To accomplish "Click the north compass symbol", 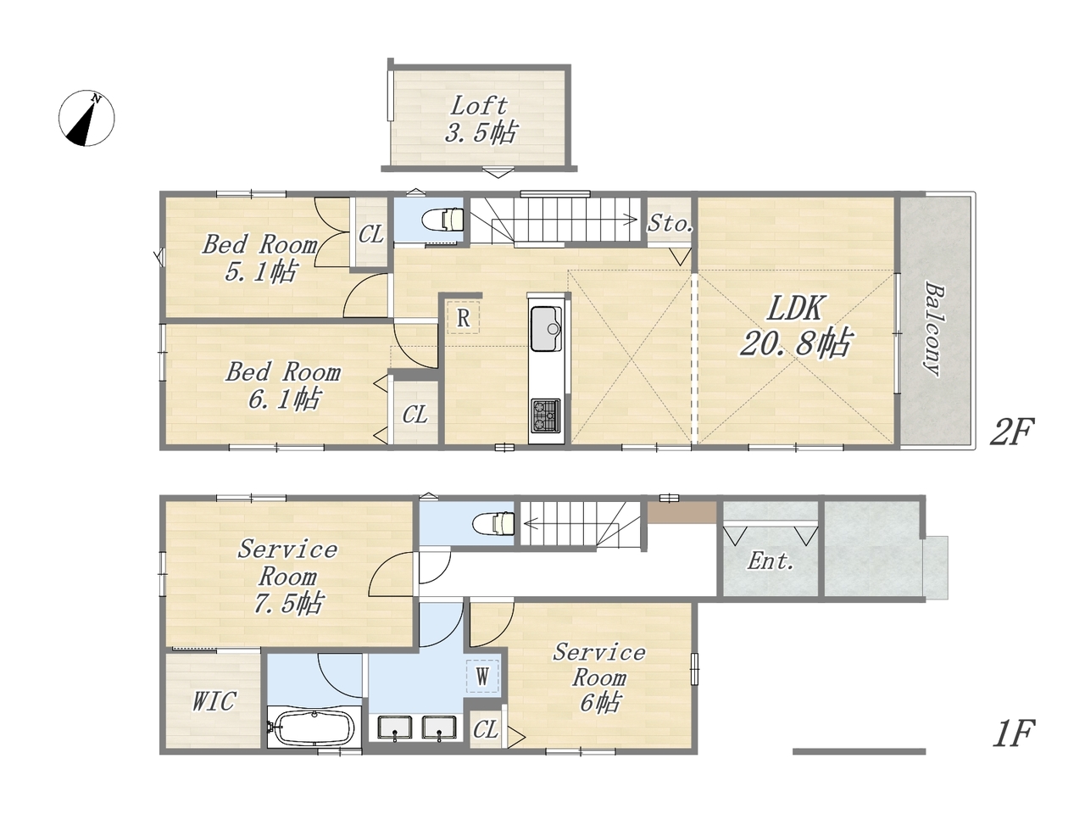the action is tap(86, 118).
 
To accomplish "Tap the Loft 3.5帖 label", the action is tap(480, 120).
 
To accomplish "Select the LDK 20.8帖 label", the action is tap(795, 326).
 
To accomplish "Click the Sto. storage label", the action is tap(670, 223).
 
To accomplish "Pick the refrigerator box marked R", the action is tap(463, 317).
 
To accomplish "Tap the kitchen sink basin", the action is tap(546, 328).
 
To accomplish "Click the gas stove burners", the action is tap(546, 415).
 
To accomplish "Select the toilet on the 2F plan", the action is tap(444, 220).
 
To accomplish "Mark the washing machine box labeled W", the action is tap(482, 676).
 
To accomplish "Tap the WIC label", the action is tap(214, 701).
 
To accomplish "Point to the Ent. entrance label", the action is tap(771, 561).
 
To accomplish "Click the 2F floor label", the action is tap(1011, 432).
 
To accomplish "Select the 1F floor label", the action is tap(1013, 734).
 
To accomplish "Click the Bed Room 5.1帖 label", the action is tap(260, 258).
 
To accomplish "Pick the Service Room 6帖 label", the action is tap(599, 677).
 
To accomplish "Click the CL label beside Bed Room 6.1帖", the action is tap(415, 415).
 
